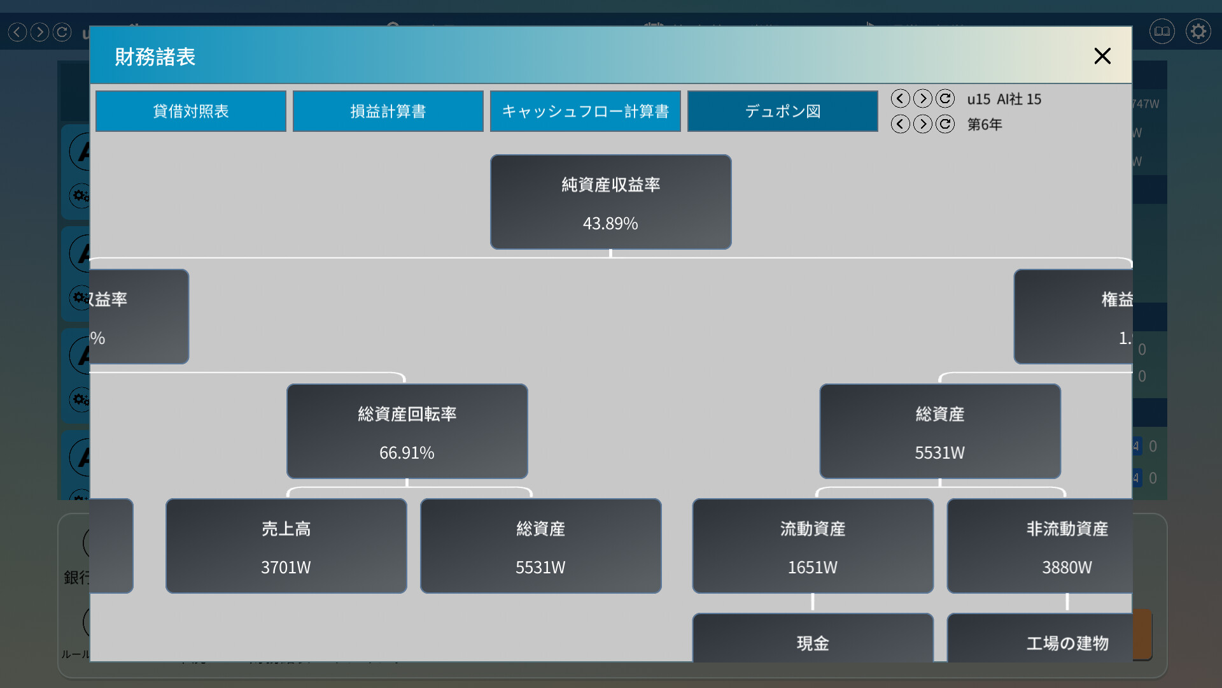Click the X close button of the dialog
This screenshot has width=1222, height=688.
coord(1102,56)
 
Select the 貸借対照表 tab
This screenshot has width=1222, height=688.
coord(190,111)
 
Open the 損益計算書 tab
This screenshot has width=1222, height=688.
coord(388,111)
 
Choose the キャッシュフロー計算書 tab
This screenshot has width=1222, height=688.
coord(585,111)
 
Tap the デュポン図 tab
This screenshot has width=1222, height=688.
coord(782,111)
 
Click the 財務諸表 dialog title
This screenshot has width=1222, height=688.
coord(155,57)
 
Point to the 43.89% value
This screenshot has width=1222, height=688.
coord(610,224)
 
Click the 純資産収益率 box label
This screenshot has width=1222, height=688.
coord(610,185)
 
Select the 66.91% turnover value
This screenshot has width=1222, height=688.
coord(407,453)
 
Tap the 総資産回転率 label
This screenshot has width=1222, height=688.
coord(407,414)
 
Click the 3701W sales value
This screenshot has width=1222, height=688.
coord(286,568)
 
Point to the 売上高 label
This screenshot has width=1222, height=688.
coord(286,529)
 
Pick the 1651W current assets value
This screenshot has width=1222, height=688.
coord(812,568)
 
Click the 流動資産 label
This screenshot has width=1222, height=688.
coord(812,529)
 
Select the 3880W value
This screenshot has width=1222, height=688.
coord(1067,568)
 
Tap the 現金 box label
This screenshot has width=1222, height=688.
coord(812,643)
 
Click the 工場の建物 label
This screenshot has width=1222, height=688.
coord(1067,643)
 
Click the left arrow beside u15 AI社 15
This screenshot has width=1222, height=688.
coord(900,99)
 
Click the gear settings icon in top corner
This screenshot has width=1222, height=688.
coord(1198,31)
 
